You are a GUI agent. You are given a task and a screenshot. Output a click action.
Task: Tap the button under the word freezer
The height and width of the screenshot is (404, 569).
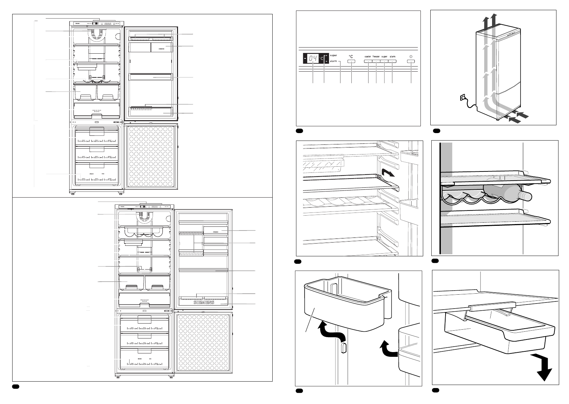(376, 61)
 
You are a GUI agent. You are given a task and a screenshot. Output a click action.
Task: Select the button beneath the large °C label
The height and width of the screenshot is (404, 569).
(351, 61)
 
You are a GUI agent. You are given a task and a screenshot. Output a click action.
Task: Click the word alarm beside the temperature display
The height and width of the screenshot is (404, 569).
(333, 61)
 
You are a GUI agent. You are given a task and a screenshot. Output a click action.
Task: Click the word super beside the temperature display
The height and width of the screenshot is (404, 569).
(333, 55)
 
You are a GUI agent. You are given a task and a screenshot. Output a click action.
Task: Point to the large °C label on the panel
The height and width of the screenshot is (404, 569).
(351, 56)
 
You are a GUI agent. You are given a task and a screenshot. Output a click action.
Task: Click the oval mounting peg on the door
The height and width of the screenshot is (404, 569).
(343, 348)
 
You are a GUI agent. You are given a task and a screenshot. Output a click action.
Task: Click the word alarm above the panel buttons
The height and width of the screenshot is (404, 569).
(392, 57)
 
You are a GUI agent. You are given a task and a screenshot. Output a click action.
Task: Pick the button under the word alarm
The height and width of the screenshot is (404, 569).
(392, 61)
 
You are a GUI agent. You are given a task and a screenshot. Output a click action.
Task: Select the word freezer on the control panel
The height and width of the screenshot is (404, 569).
(376, 57)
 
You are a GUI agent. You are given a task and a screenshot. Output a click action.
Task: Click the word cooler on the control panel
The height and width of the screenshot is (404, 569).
(368, 57)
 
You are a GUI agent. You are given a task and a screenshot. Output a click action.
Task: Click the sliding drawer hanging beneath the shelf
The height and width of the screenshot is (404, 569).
(498, 326)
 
